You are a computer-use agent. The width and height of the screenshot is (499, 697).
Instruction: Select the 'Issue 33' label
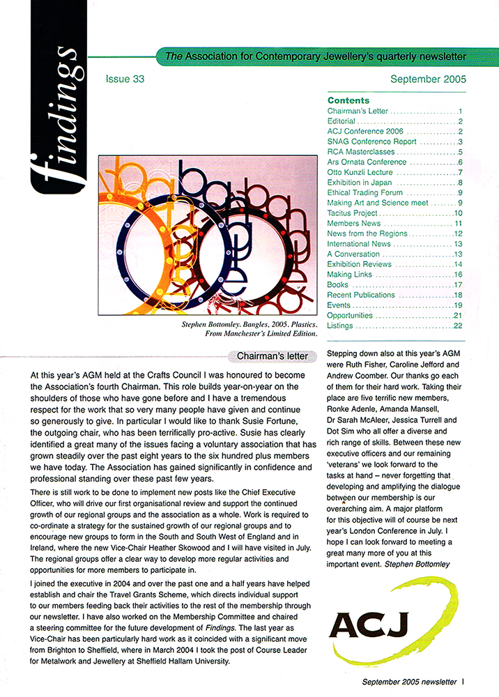[125, 79]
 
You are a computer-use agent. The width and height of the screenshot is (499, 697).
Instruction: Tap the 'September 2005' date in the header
[428, 79]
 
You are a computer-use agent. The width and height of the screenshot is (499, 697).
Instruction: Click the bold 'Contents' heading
[348, 100]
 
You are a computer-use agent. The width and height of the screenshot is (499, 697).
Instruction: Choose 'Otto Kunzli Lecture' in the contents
[357, 172]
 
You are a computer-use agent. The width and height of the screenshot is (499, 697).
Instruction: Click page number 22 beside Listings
[458, 325]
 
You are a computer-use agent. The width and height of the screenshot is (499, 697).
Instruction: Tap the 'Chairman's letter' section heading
[272, 356]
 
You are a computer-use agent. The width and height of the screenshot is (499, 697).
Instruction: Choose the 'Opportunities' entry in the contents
[350, 315]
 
